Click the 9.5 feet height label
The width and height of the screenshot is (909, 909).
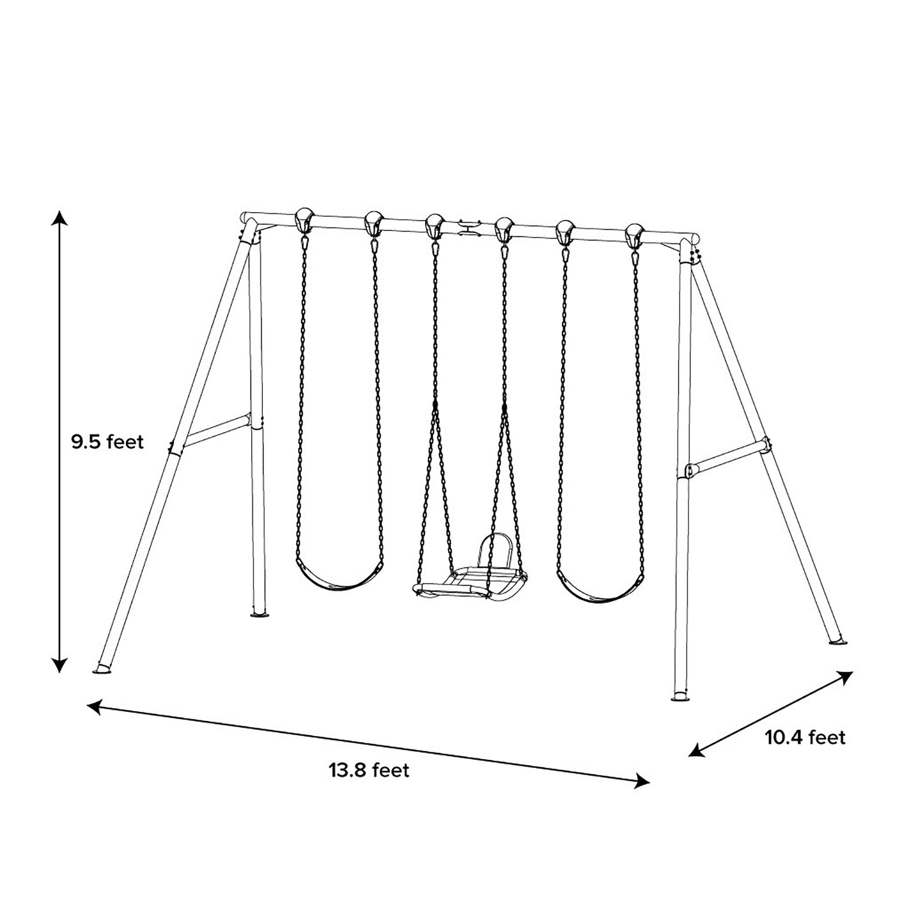107,443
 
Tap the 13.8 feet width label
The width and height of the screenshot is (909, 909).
369,771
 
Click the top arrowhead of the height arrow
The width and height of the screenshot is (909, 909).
59,217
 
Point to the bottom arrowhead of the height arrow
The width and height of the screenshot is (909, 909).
59,665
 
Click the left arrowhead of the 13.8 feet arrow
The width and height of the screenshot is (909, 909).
94,707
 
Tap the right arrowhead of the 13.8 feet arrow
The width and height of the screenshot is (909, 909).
643,781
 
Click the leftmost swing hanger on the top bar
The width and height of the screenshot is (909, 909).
305,219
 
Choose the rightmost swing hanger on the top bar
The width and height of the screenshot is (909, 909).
634,234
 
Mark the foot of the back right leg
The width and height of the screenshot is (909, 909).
838,641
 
